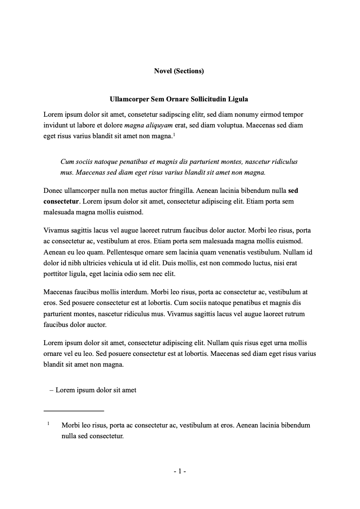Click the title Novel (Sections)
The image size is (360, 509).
tap(179, 71)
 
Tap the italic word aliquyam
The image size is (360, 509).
tap(158, 125)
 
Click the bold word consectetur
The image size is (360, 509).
tap(61, 202)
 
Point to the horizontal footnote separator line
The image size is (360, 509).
tap(74, 411)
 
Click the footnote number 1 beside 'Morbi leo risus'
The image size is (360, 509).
tap(48, 424)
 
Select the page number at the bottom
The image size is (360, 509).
tap(180, 471)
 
